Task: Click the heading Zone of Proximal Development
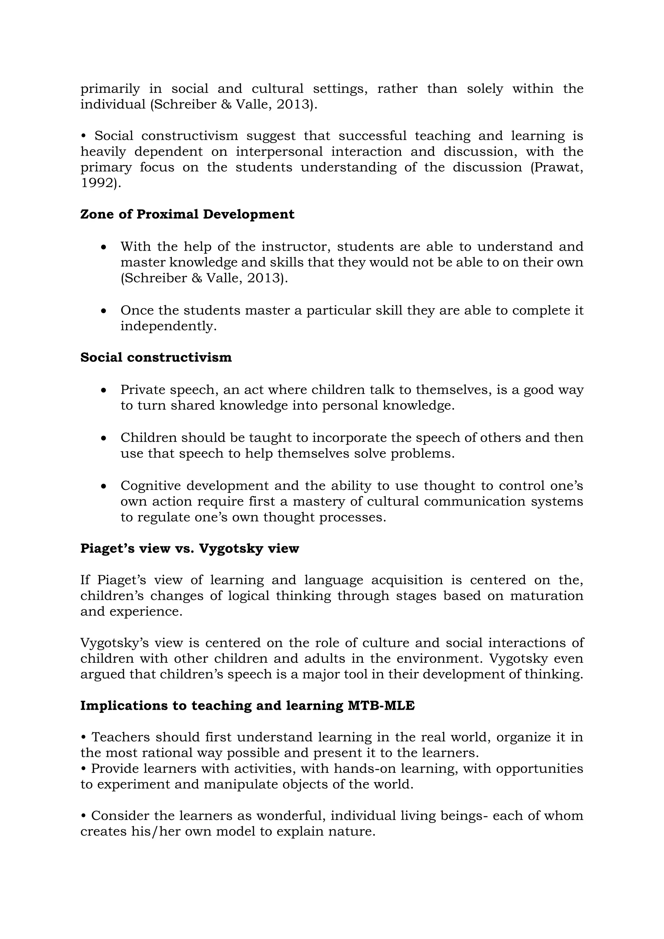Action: point(187,214)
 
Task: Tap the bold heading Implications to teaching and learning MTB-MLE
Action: point(247,706)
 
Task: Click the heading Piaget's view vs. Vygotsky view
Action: point(189,548)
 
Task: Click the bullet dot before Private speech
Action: point(104,391)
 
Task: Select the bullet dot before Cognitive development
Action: point(104,487)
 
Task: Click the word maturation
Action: point(546,595)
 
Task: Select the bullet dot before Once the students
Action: point(104,311)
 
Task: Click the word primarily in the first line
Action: point(110,89)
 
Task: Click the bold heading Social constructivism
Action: point(156,357)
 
